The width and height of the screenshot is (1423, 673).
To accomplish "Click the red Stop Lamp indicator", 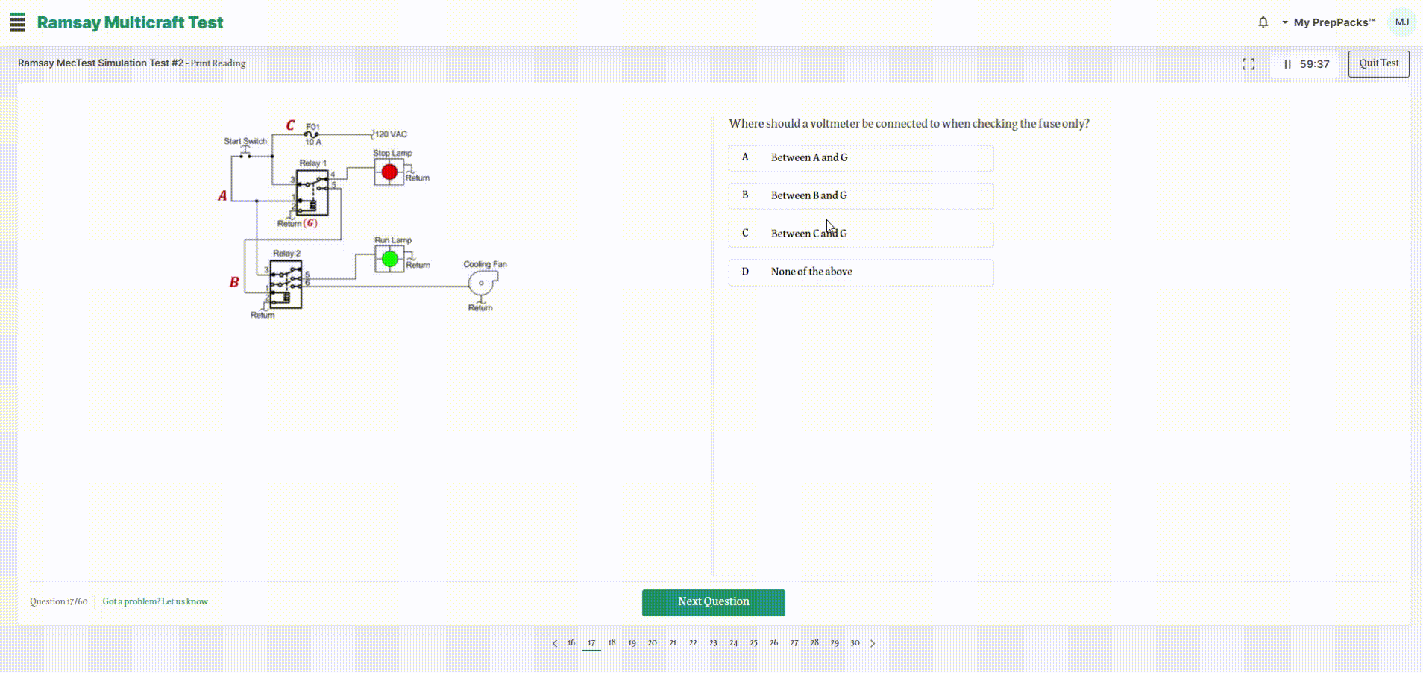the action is [x=389, y=172].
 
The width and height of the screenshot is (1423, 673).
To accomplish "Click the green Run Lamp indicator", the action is [x=389, y=259].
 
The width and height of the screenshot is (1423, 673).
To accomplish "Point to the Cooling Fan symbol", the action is [x=483, y=283].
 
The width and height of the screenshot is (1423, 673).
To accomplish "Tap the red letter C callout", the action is [x=290, y=125].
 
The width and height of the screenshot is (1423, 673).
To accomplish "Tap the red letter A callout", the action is [x=222, y=195].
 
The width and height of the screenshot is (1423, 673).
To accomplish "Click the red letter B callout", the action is [x=234, y=282].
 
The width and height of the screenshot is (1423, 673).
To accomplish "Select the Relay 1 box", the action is [x=312, y=192].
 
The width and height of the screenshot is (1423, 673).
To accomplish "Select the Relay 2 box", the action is [x=286, y=284].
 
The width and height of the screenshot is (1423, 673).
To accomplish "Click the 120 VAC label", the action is [x=391, y=134].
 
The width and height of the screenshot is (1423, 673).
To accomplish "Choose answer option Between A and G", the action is [x=861, y=158].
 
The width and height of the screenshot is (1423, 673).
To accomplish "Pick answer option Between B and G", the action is [x=861, y=196].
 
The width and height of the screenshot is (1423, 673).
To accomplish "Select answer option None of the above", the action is [x=861, y=272].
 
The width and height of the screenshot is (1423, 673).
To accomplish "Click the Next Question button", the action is [x=713, y=602].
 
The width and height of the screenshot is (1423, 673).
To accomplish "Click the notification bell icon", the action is [x=1263, y=22].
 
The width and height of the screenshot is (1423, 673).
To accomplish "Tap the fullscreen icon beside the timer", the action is [x=1248, y=64].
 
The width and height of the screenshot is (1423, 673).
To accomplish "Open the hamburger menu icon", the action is [x=18, y=22].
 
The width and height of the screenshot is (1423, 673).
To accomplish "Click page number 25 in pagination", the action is [x=753, y=642].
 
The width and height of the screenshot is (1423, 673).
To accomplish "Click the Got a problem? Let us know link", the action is [x=155, y=601].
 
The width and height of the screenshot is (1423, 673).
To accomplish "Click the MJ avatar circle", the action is [x=1401, y=22].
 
